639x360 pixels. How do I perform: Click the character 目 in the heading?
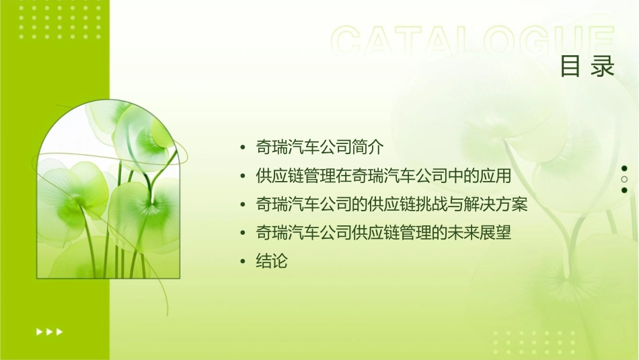point(570,67)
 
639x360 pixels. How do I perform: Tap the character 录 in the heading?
point(603,67)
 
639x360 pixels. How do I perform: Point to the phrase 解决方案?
point(496,204)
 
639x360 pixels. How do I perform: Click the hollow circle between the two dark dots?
point(624,180)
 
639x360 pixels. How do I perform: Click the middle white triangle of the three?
point(50,332)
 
